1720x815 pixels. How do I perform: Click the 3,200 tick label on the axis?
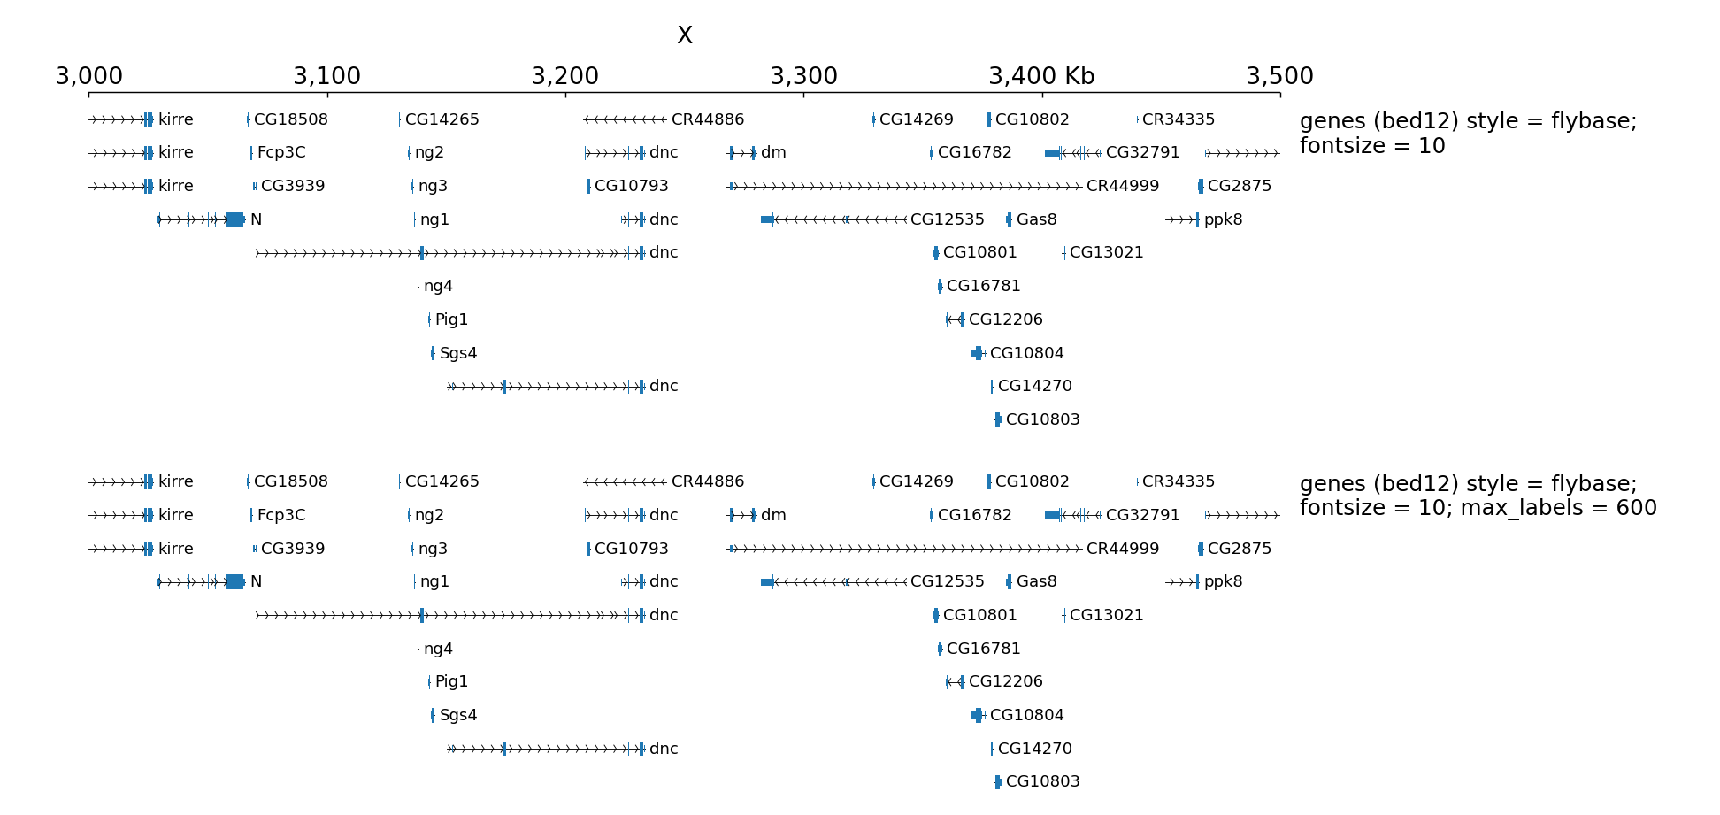tap(564, 76)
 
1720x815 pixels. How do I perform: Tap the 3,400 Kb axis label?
tap(1041, 76)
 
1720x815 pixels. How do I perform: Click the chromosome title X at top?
tap(684, 35)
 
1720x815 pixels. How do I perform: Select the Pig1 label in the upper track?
tap(451, 319)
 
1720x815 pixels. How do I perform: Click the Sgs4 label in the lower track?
tap(458, 715)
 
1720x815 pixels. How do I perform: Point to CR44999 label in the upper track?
tap(1122, 186)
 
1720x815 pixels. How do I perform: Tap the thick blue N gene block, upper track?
tap(234, 219)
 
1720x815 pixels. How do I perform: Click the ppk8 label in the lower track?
tap(1223, 581)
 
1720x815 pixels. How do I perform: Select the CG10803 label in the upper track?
tap(1042, 419)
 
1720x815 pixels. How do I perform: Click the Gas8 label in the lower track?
tap(1036, 581)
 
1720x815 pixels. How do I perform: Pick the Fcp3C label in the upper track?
tap(281, 152)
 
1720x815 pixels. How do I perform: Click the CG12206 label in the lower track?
tap(1005, 681)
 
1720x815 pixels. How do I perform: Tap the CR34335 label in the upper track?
tap(1178, 119)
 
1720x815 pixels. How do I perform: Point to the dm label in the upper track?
tap(773, 152)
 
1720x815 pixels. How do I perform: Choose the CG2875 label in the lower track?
tap(1239, 549)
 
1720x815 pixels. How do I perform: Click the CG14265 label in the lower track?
tap(442, 481)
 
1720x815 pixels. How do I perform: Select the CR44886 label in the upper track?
tap(707, 119)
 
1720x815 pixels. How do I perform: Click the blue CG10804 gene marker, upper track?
tap(978, 353)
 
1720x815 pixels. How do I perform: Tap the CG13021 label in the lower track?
tap(1106, 615)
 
